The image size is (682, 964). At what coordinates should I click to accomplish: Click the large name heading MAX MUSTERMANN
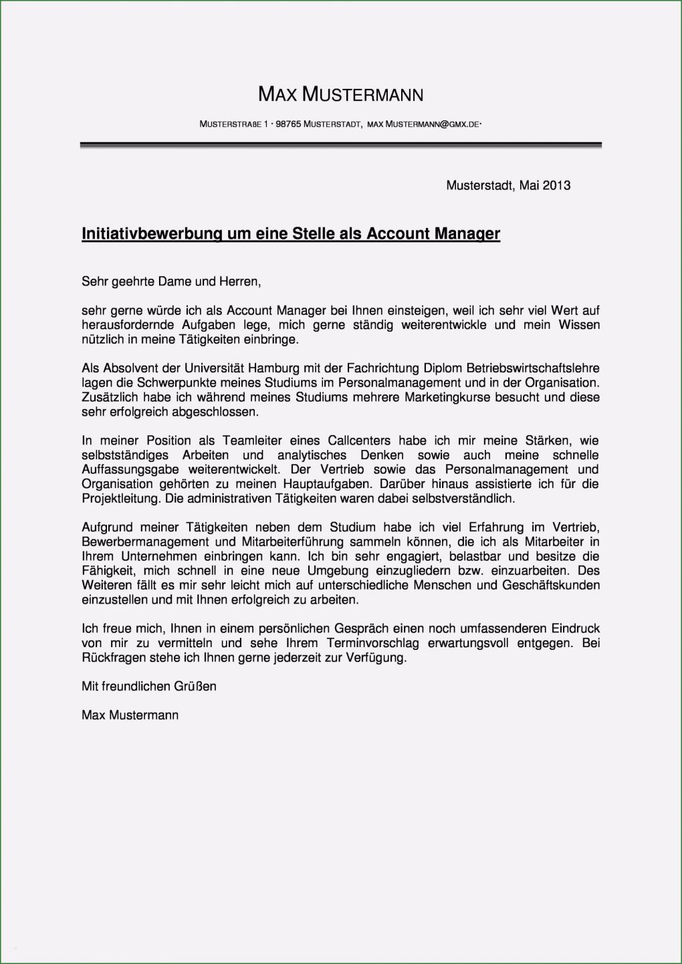click(x=340, y=95)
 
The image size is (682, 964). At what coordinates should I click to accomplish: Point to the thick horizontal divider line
click(x=340, y=145)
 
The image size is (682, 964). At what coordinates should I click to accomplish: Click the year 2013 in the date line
click(x=556, y=185)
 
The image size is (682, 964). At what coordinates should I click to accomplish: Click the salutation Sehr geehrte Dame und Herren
click(x=170, y=281)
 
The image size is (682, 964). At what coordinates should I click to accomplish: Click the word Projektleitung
click(x=122, y=499)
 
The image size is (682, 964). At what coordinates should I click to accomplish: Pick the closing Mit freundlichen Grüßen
click(x=148, y=686)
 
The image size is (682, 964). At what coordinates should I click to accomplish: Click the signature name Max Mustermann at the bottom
click(x=130, y=715)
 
